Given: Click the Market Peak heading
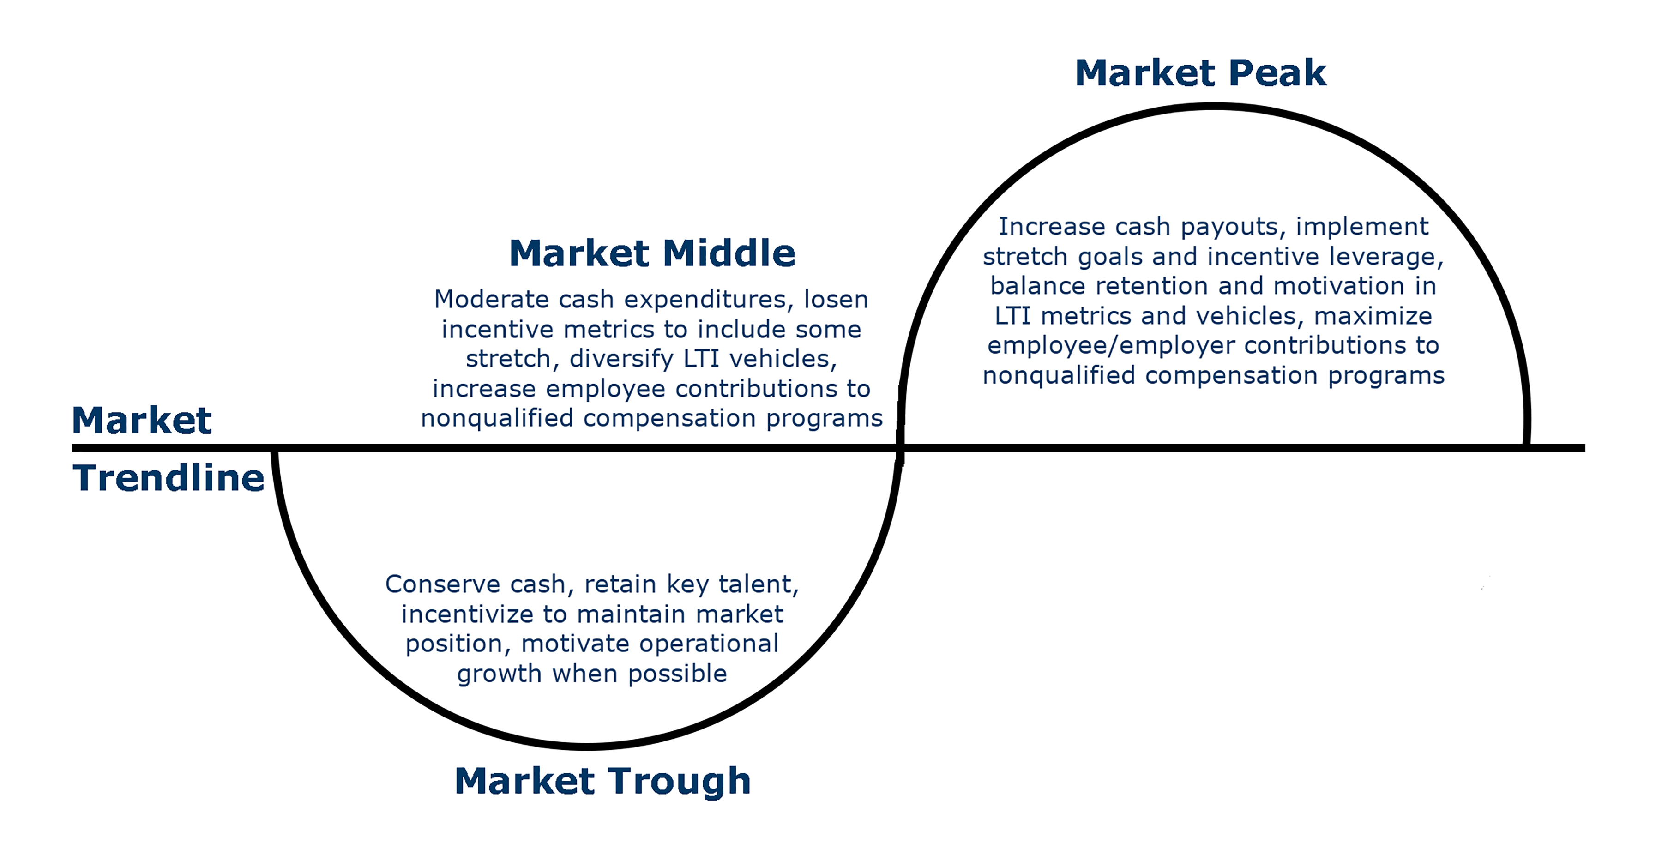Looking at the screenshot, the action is (x=1201, y=73).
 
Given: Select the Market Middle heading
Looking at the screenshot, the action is (x=652, y=253).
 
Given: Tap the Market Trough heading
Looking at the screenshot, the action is (x=602, y=782).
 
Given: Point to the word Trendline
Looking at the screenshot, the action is (x=169, y=478).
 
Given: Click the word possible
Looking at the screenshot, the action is (x=677, y=674).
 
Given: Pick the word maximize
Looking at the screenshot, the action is (x=1373, y=316).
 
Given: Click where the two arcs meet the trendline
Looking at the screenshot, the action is (x=901, y=447).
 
